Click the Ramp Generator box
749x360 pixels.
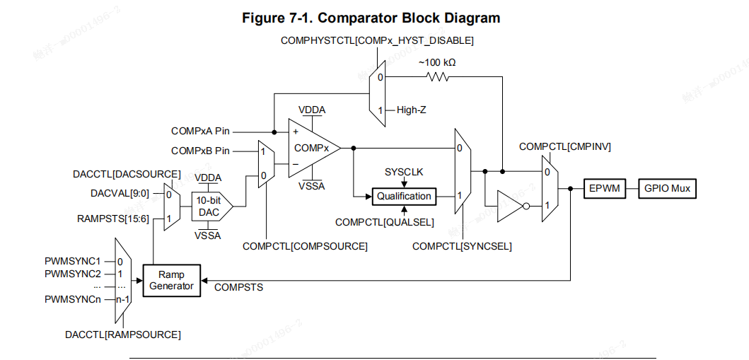pyautogui.click(x=172, y=280)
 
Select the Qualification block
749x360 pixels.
pyautogui.click(x=404, y=196)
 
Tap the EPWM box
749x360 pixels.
pyautogui.click(x=603, y=189)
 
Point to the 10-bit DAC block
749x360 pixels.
pyautogui.click(x=210, y=206)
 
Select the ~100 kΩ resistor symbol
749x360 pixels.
pyautogui.click(x=436, y=75)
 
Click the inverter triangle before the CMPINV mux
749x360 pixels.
pyautogui.click(x=511, y=206)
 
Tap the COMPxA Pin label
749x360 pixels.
pyautogui.click(x=200, y=132)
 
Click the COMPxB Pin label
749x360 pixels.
pyautogui.click(x=200, y=151)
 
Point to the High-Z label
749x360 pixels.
pyautogui.click(x=411, y=110)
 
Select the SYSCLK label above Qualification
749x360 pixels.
pyautogui.click(x=403, y=172)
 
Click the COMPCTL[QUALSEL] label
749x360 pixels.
pyautogui.click(x=384, y=222)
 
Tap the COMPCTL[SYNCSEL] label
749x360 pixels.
pyautogui.click(x=462, y=246)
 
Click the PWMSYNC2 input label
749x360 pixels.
pyautogui.click(x=73, y=274)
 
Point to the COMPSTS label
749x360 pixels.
pyautogui.click(x=238, y=287)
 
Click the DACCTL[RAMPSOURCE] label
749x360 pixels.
pyautogui.click(x=122, y=334)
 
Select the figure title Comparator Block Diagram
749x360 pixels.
pyautogui.click(x=371, y=18)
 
